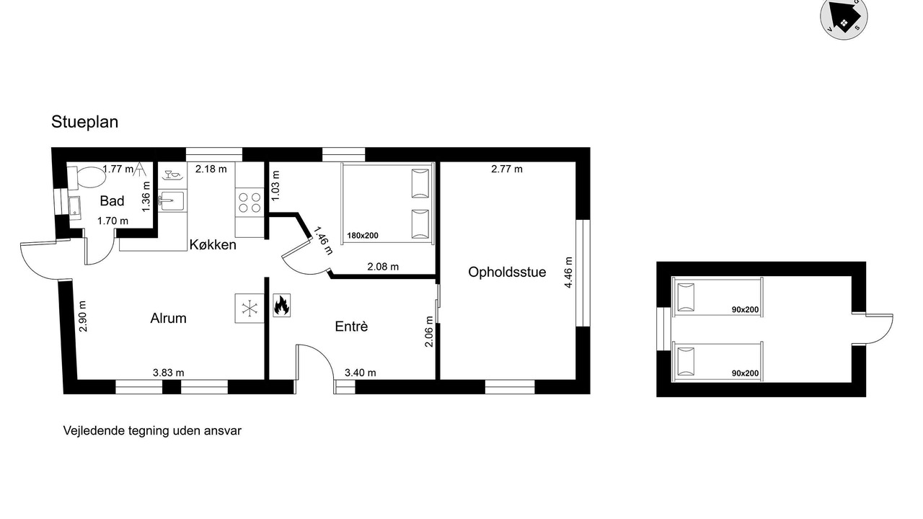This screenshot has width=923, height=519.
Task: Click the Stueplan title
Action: point(84,122)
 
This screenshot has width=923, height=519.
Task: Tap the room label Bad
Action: point(112,201)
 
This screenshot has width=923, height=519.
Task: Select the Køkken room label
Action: point(213,244)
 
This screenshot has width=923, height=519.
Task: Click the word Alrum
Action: point(168,318)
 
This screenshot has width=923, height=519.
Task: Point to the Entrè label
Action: point(351,327)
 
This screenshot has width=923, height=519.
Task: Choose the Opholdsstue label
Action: point(507,272)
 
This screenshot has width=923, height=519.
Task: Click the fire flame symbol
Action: point(281,305)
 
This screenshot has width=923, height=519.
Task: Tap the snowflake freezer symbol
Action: point(249,309)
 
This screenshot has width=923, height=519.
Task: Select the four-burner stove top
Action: point(249,202)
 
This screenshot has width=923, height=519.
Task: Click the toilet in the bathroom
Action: point(86,177)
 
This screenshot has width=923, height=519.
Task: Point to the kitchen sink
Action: point(172,201)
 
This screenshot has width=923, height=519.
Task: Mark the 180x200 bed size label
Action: point(363,236)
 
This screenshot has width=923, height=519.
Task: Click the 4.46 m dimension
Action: point(568,272)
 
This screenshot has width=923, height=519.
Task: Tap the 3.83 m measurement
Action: point(168,373)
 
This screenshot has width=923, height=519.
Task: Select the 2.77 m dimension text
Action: point(507,169)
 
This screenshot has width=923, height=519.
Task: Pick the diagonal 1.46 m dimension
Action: point(323,241)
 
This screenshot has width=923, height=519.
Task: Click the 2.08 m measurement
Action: point(383,267)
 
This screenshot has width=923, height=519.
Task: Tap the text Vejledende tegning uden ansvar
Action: point(152,431)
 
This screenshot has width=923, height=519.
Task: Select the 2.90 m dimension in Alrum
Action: point(83,316)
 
